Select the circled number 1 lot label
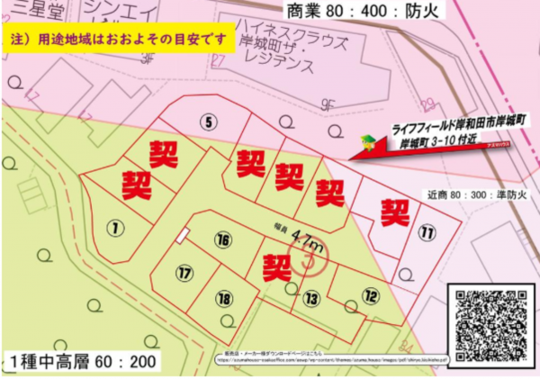pos(114,227)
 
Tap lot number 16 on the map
pos(223,239)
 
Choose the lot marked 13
pos(310,298)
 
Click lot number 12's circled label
pos(371,294)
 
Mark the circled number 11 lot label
pos(427,233)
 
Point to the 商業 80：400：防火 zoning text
pos(352,13)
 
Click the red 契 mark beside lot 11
pos(394,212)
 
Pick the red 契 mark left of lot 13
pos(274,266)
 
